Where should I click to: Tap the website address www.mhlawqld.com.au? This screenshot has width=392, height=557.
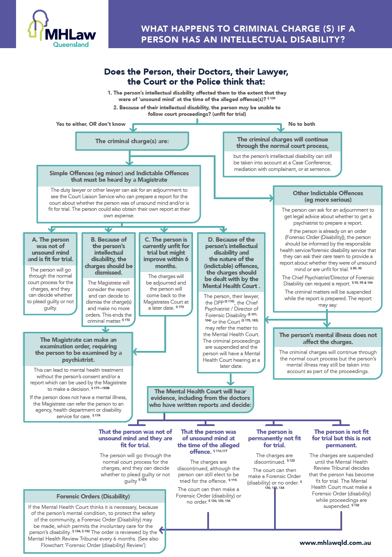pos(335,542)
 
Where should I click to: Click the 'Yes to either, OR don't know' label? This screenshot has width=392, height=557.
pos(91,124)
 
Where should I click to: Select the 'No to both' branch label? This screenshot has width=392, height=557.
pos(302,124)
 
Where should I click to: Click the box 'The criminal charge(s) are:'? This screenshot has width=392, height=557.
pos(132,141)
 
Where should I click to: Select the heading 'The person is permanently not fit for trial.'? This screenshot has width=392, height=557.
pos(274,438)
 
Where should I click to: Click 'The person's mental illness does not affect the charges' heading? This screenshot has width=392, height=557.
pos(328,338)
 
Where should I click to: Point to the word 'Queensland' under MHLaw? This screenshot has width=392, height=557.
pos(71,44)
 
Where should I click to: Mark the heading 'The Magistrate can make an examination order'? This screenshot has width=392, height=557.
pos(78,350)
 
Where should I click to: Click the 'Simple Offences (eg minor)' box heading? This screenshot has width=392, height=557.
pos(119,177)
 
